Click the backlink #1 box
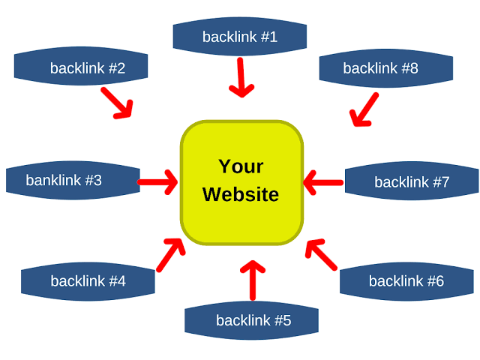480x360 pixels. coord(240,36)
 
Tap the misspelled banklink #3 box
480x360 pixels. coord(73,181)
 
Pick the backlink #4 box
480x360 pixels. coord(88,281)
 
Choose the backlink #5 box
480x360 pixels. coord(252,321)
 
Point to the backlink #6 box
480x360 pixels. coord(406,281)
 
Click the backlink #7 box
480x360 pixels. coord(411,182)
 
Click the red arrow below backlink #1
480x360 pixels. coord(241,78)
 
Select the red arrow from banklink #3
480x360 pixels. coord(158,181)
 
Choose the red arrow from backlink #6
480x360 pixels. coord(322,254)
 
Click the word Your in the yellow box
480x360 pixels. coord(241,166)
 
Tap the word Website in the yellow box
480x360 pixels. coord(241,195)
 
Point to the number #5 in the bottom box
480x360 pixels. coord(282,321)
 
